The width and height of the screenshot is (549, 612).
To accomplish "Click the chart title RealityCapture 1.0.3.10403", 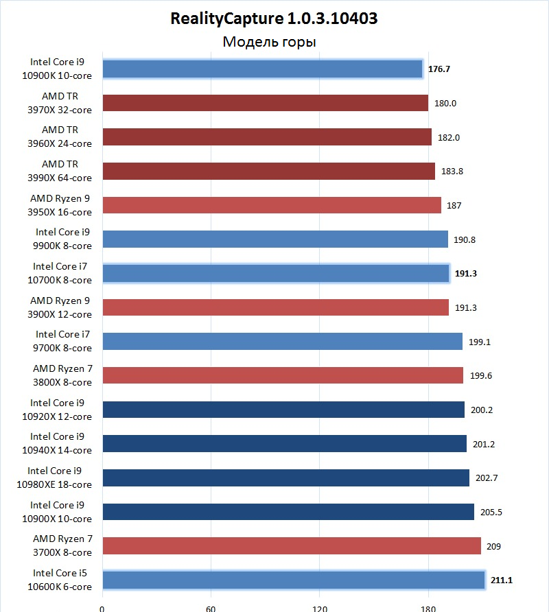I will [274, 19].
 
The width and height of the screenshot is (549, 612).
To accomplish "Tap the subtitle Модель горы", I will [269, 43].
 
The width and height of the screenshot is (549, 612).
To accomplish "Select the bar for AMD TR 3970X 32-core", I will [265, 103].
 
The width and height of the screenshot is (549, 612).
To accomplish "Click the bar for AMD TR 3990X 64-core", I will [268, 171].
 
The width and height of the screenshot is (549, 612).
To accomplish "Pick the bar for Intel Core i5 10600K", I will [294, 580].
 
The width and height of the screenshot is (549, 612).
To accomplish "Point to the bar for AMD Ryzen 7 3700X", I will [291, 546].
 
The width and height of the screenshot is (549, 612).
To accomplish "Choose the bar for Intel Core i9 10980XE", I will [285, 478].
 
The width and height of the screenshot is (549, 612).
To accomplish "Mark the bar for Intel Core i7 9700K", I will [282, 341].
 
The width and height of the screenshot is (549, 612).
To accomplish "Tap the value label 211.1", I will [502, 580].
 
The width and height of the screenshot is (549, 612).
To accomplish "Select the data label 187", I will [454, 205].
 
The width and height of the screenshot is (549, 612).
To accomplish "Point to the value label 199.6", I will [480, 375].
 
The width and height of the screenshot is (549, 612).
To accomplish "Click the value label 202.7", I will [487, 478].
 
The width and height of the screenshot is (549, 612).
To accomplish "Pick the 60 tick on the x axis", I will [211, 607].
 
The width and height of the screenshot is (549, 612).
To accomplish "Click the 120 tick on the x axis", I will [319, 607].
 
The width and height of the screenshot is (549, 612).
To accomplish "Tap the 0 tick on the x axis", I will [102, 607].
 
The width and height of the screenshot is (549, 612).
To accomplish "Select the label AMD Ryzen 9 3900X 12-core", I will [60, 307].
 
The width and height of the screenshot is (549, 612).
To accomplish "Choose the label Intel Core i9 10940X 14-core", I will [60, 443].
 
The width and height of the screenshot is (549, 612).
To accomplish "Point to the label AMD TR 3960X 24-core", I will [60, 137].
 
